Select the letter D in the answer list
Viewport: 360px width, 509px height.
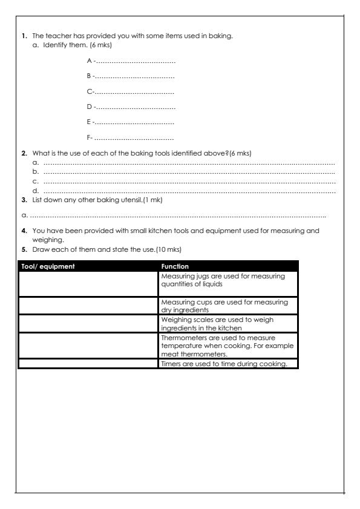(89, 107)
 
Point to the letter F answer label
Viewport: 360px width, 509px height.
(88, 139)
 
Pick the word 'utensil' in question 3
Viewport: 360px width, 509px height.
(132, 200)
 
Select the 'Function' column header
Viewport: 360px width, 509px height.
(175, 266)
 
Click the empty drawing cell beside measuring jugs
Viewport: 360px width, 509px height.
(88, 283)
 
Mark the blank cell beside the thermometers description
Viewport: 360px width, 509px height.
(88, 346)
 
